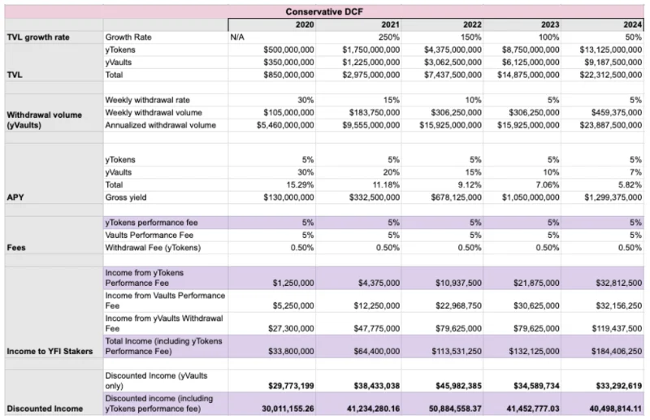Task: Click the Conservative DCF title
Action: [324, 11]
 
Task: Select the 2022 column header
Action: [472, 24]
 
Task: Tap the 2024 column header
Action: [633, 24]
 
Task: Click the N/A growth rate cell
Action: [237, 37]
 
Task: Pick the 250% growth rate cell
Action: [389, 37]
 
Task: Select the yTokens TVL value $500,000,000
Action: [288, 50]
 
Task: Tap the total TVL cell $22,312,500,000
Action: [611, 75]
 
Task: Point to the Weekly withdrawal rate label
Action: [147, 100]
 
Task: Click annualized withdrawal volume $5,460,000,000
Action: [285, 125]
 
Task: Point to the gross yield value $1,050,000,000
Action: [531, 197]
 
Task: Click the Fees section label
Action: [16, 248]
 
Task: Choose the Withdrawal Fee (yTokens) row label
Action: [153, 248]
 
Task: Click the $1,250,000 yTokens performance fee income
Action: [293, 284]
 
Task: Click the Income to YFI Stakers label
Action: [50, 352]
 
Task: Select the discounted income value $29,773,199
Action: [291, 386]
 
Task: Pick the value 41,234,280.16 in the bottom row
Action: [373, 409]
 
